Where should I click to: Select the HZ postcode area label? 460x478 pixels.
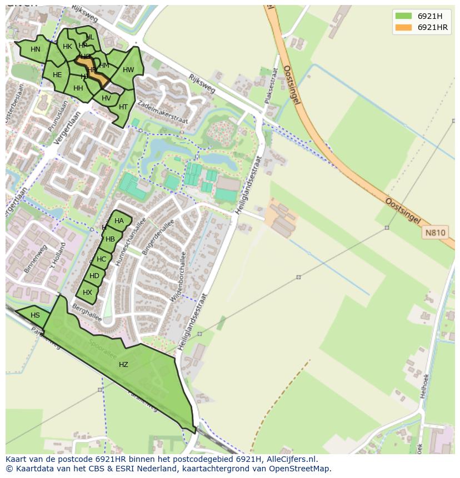pos(123,365)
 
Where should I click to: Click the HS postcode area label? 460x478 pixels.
pos(35,315)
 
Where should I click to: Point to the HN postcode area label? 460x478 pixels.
pos(36,49)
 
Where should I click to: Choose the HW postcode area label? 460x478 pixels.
pos(128,70)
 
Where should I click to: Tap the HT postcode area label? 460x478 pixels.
pos(123,107)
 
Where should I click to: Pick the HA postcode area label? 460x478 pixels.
pos(119,221)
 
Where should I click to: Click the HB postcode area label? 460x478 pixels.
pos(110,239)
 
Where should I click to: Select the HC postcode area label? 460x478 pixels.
pos(101,259)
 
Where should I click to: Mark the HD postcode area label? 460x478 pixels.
pos(94,276)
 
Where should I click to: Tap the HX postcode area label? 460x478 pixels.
pos(87,293)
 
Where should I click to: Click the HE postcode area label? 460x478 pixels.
pos(57,75)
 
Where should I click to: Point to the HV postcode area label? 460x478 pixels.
pos(107,98)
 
